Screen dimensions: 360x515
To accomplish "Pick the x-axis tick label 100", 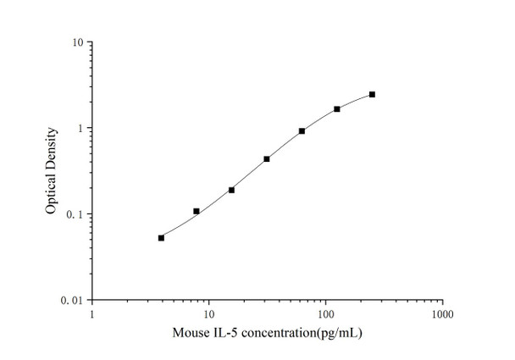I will tap(324, 314).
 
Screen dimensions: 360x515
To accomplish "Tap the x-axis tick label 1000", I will tap(440, 314).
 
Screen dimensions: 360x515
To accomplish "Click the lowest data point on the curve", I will tap(161, 238).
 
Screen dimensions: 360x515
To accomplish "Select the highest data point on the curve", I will tap(372, 95).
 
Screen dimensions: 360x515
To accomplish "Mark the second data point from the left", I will tap(197, 211).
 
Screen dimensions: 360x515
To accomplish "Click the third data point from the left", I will tap(231, 190).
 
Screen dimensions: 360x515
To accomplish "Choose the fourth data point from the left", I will tap(267, 158).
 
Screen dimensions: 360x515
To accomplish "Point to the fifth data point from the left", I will tap(302, 131).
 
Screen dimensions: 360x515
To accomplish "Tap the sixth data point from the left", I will tap(336, 109).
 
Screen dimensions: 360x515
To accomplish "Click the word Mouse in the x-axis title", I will tap(191, 333).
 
